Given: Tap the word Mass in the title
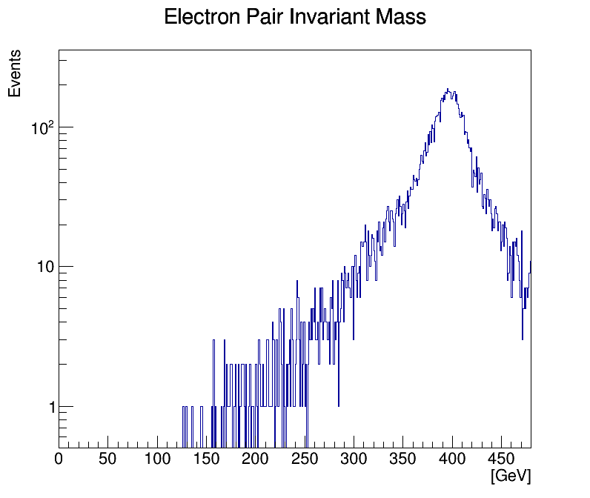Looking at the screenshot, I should (404, 17).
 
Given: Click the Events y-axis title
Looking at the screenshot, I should (15, 73).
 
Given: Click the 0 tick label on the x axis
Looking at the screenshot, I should (59, 459).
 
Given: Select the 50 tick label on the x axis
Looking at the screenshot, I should (108, 459).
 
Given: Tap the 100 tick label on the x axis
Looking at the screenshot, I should (157, 459).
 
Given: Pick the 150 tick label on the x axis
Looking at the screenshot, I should (206, 459).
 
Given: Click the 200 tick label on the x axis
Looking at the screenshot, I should (256, 459).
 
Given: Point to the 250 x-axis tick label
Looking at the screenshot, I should (305, 459).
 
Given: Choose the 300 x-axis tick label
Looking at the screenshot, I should (354, 459).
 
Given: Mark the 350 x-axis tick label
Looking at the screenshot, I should (403, 459).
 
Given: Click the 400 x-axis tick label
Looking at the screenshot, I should (452, 459).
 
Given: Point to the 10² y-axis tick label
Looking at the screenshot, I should (42, 127).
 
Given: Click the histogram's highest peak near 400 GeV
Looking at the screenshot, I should (448, 90).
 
